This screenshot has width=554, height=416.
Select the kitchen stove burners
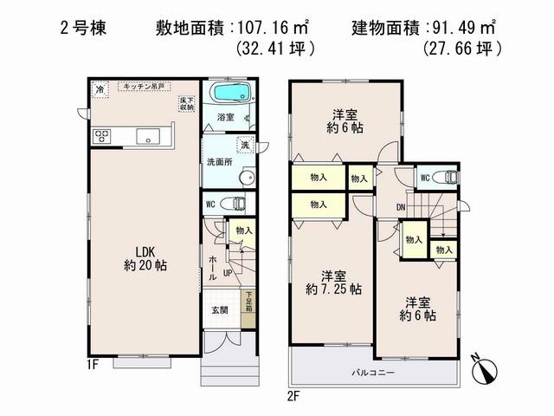(x=102, y=136)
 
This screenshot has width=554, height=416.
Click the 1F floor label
(x=93, y=365)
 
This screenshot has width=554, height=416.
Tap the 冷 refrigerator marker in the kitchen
(x=100, y=89)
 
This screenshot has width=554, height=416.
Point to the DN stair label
(x=402, y=206)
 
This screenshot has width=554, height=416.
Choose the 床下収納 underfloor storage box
(x=185, y=103)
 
